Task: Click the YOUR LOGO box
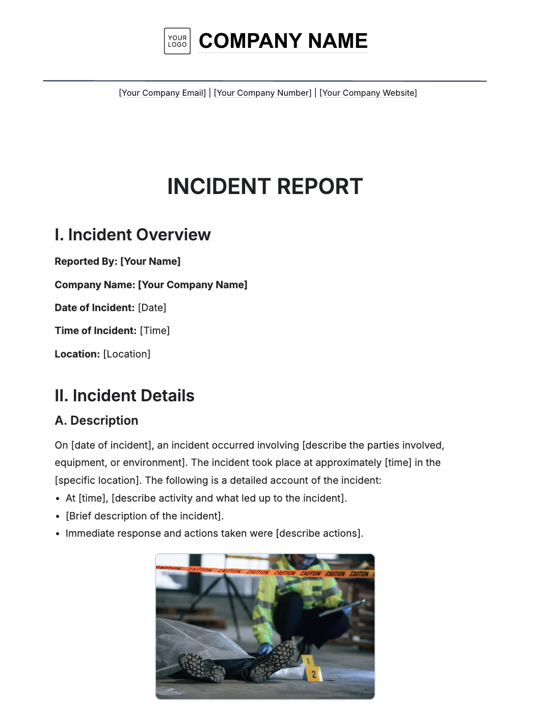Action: (x=177, y=41)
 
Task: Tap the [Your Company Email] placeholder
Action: (x=163, y=93)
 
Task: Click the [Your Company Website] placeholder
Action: (x=368, y=93)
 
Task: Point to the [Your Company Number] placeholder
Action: (x=262, y=93)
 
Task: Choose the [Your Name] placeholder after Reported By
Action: (x=150, y=262)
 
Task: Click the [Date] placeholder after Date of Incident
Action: (x=152, y=308)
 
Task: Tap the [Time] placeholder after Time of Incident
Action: (x=155, y=331)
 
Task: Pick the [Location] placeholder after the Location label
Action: (x=127, y=354)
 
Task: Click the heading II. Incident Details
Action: (x=124, y=396)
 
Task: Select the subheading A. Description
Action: (x=96, y=421)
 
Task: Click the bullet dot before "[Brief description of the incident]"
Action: (x=58, y=516)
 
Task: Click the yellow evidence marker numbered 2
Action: (x=313, y=674)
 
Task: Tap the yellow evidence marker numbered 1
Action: (x=308, y=661)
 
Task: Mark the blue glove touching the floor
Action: (x=264, y=649)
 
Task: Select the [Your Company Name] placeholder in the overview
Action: (x=193, y=285)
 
